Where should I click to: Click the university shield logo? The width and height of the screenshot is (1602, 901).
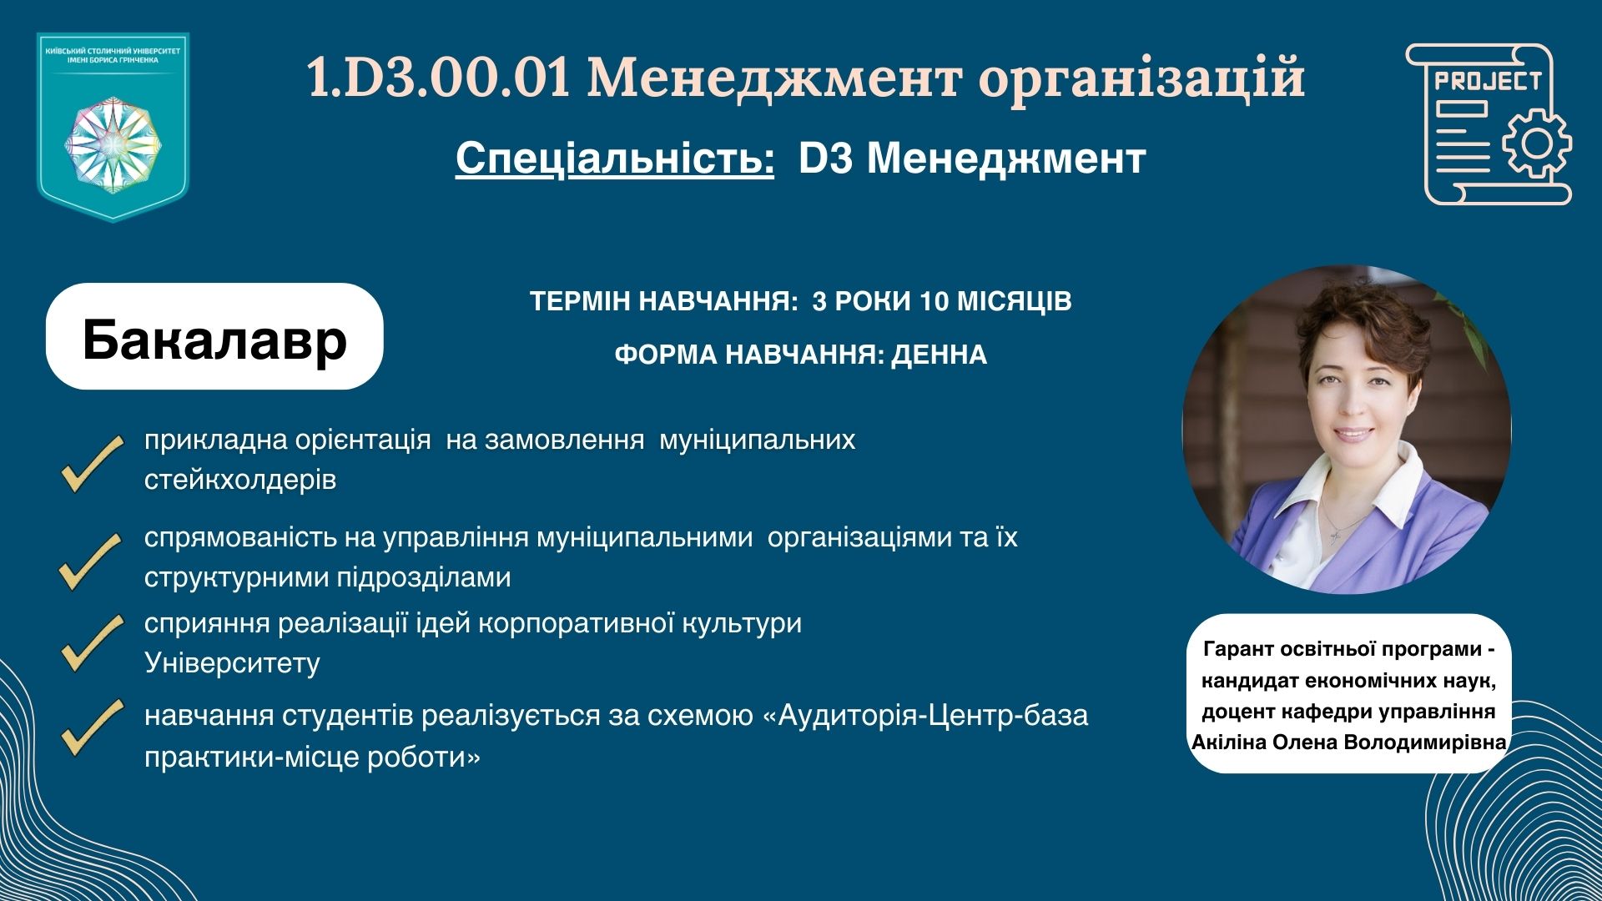[113, 127]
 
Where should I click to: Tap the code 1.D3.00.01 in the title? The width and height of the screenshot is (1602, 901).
[439, 78]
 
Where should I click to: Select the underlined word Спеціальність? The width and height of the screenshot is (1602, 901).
[615, 158]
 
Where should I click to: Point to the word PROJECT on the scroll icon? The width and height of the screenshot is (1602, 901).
[1487, 82]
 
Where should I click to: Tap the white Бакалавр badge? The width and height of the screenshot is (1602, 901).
[214, 336]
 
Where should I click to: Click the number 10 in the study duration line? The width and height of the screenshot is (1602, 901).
[934, 301]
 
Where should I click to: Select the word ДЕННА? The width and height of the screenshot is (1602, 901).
[939, 355]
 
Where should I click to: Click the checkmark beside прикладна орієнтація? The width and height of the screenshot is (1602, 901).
[92, 463]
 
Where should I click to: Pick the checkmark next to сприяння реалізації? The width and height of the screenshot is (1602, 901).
[92, 642]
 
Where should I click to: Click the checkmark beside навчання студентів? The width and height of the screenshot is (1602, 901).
[92, 727]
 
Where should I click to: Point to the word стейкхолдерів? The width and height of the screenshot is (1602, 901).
[240, 480]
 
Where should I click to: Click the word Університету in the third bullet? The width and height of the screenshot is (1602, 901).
[232, 662]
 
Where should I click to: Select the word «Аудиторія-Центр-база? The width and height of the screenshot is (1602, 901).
[926, 716]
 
